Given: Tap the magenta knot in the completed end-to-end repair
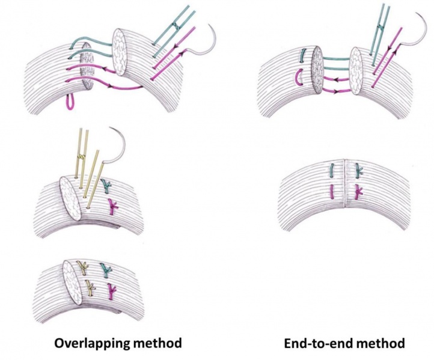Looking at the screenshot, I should point(359,192).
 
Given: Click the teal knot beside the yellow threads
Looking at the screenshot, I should point(108,186).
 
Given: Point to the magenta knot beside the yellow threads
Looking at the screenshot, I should point(112,207).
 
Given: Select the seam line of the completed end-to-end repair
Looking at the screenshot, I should point(345,186).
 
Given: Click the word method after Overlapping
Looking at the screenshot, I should point(157,343).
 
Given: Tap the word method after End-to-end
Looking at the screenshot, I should point(380,343).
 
